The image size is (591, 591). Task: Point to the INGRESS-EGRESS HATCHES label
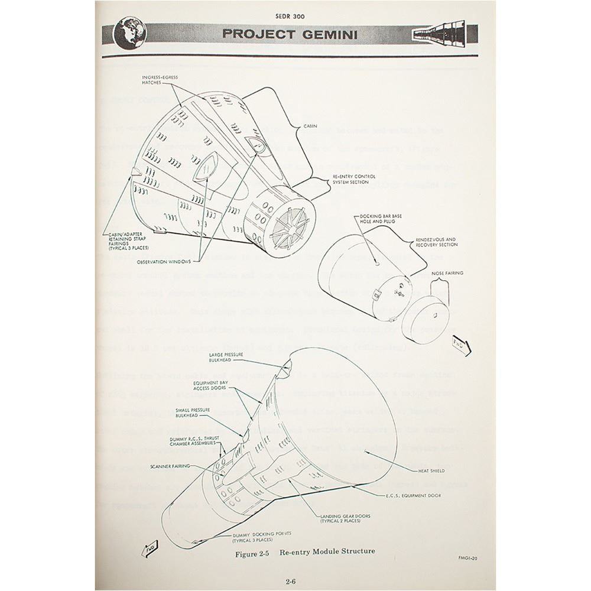click(x=160, y=81)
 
